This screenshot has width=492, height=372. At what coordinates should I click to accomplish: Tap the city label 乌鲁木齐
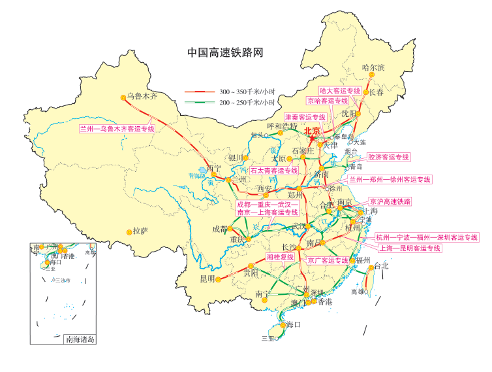pos(143,97)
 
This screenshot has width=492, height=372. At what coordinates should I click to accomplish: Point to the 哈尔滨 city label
pos(373,67)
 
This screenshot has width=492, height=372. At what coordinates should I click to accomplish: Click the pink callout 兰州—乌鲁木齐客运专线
pos(117,129)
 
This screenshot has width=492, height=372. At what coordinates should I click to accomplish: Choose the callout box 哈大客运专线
pos(340,90)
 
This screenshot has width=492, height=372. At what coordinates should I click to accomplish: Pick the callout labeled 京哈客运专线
pos(328,101)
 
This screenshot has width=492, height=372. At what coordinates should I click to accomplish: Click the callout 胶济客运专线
pos(389,157)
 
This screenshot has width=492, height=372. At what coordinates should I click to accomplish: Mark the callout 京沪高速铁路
pos(390,201)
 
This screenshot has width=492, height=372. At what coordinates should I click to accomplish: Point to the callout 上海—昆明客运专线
pos(418,248)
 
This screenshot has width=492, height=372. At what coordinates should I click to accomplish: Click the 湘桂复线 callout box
pos(281,257)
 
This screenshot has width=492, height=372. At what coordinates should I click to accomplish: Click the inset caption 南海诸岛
pos(80,339)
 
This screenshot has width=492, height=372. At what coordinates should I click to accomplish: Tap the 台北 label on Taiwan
pos(381,266)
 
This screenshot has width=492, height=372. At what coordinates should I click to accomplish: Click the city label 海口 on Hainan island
pos(292,325)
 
